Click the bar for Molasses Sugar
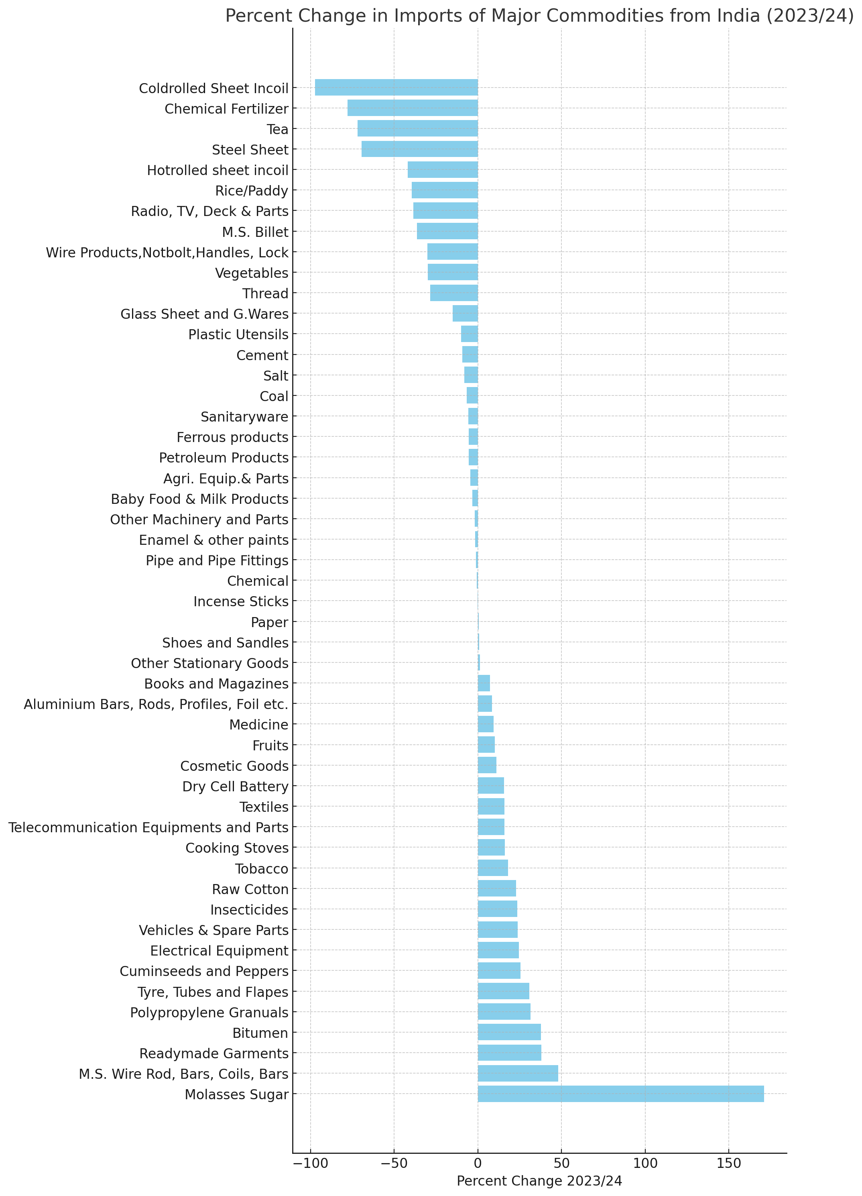620,1094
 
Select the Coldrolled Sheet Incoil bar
396,88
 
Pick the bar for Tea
417,128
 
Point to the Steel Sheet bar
420,149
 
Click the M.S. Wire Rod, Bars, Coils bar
518,1073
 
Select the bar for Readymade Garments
509,1053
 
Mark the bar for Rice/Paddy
445,190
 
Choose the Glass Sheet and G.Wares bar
465,314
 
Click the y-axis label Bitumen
260,1032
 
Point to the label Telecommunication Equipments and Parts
148,827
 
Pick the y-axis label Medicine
259,725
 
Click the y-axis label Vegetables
252,273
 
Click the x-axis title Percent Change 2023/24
539,1181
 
